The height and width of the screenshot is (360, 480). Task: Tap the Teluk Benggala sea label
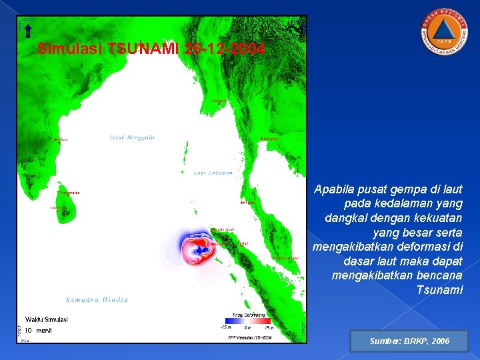[132, 138]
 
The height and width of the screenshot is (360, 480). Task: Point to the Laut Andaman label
[213, 173]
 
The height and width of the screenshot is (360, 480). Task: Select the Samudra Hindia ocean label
[97, 299]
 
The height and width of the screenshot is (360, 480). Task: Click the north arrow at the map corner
[28, 27]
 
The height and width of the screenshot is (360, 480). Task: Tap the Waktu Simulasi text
[46, 319]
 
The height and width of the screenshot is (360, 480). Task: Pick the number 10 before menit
[29, 330]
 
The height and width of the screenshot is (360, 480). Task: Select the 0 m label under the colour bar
[247, 327]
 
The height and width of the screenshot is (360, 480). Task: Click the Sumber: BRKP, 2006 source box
[409, 341]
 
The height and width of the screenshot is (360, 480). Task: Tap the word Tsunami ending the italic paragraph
[439, 289]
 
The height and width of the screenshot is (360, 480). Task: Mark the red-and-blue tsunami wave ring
[196, 248]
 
